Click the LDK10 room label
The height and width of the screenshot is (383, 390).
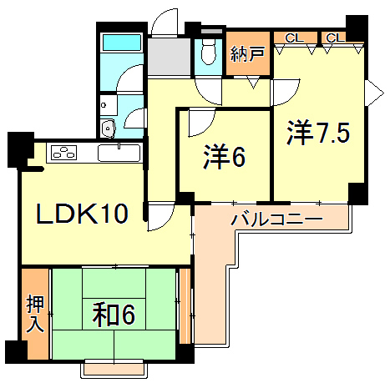tap(81, 214)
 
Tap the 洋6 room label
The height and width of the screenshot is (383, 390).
tap(224, 157)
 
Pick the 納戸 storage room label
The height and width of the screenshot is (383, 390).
tap(247, 55)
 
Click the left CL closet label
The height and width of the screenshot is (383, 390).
tap(294, 38)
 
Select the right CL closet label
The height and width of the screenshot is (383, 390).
tap(333, 38)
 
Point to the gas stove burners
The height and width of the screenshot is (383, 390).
tap(63, 153)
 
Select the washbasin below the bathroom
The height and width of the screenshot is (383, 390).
tap(108, 129)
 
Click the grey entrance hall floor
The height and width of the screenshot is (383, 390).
tap(171, 57)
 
